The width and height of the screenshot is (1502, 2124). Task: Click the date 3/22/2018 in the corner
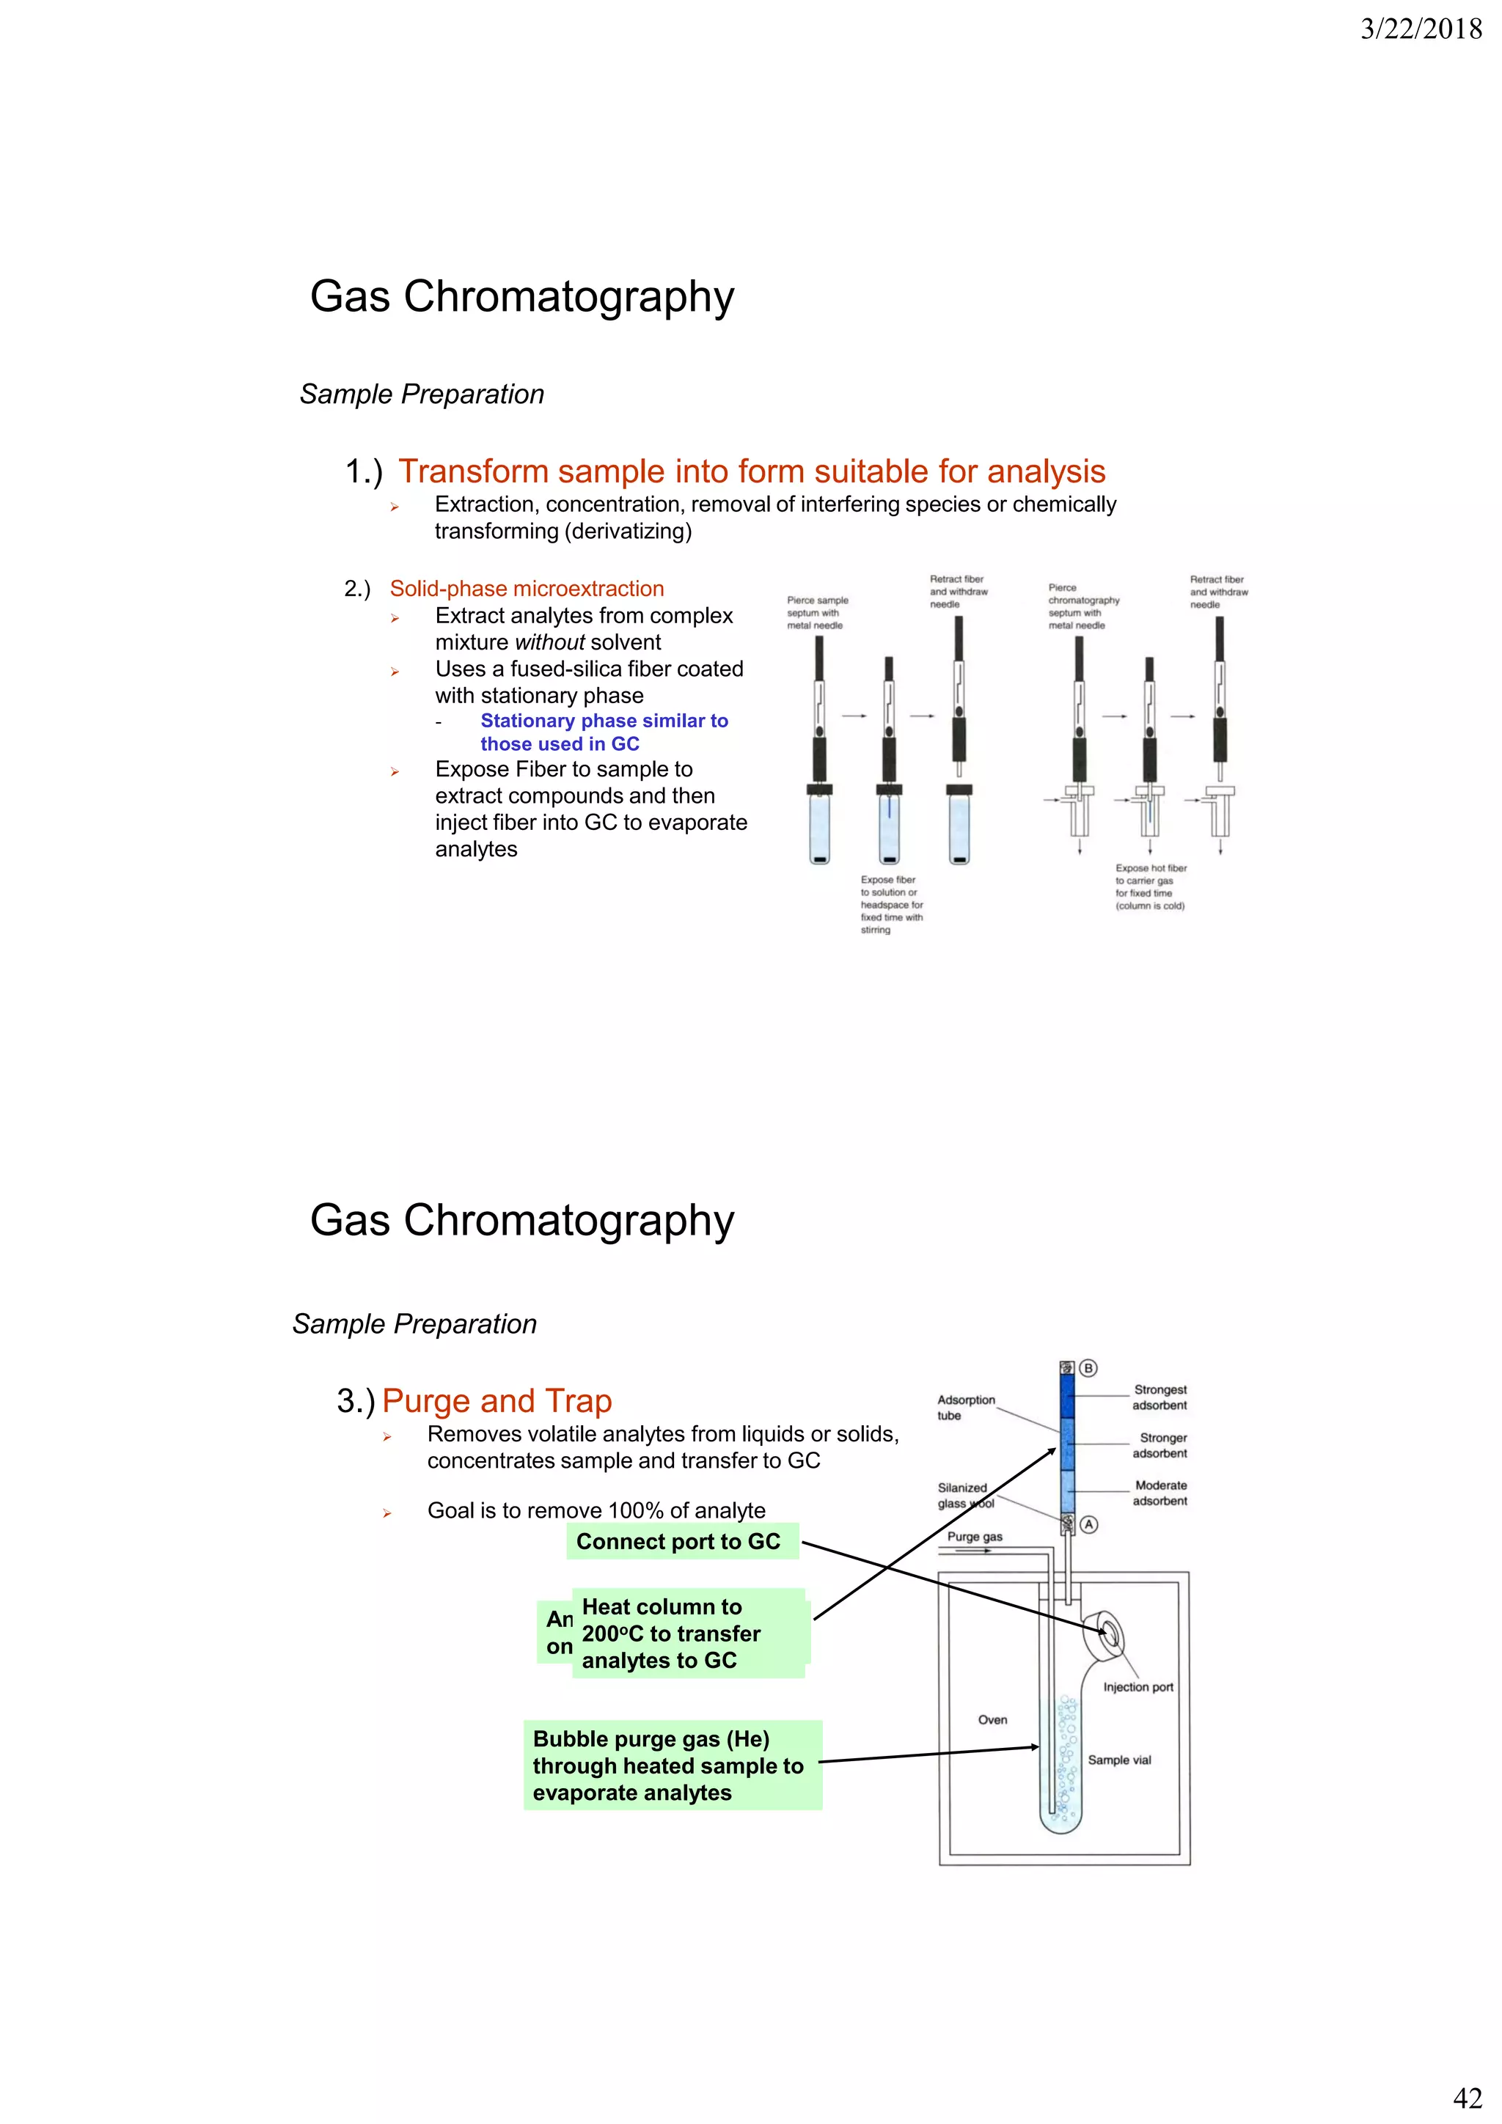[x=1421, y=29]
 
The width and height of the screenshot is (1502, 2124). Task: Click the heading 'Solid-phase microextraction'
[x=527, y=588]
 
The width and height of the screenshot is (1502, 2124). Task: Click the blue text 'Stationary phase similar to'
[x=604, y=721]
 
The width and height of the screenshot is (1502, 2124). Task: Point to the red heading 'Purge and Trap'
[x=497, y=1400]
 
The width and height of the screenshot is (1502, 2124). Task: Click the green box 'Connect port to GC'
[x=678, y=1541]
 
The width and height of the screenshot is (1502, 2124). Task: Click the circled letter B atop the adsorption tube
[x=1088, y=1368]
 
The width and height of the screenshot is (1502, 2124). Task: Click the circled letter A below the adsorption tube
[x=1089, y=1524]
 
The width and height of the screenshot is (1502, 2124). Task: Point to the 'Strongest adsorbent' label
[x=1160, y=1397]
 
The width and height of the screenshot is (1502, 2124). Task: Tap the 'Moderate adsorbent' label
[x=1160, y=1492]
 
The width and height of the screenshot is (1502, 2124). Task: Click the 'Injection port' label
[x=1138, y=1686]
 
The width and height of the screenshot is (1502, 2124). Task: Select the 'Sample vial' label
[x=1119, y=1760]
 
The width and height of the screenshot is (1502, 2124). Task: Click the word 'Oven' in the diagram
[x=992, y=1720]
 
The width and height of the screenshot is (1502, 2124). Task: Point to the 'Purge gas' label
[x=975, y=1537]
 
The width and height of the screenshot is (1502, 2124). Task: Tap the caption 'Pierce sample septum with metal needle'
[x=816, y=612]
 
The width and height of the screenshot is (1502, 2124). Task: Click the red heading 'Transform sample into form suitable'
[x=752, y=471]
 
